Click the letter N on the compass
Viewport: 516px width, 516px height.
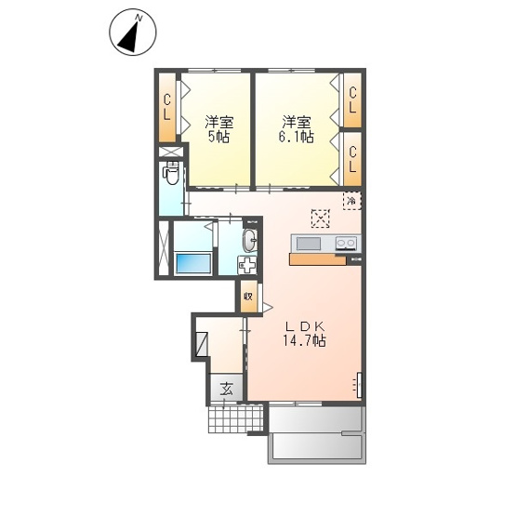tap(139, 18)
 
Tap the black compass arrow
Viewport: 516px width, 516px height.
tap(129, 38)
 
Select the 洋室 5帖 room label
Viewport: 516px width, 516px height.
tap(218, 129)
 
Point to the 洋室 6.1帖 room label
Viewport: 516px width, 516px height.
tap(297, 129)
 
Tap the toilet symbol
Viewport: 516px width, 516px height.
tap(170, 173)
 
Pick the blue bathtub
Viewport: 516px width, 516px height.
tap(193, 263)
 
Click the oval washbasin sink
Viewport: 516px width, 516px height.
tap(250, 240)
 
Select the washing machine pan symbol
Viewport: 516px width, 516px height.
tap(247, 265)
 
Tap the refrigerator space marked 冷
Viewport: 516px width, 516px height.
tap(352, 201)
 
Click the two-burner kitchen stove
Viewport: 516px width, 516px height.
tap(346, 244)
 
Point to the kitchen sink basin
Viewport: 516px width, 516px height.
tap(309, 244)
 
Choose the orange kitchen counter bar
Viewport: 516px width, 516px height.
tap(318, 259)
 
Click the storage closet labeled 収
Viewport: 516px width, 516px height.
tap(248, 297)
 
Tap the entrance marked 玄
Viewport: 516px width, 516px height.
tap(227, 389)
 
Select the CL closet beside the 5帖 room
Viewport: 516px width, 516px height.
tap(167, 108)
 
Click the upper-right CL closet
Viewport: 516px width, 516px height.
tap(352, 100)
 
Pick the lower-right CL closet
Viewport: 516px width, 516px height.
tap(352, 159)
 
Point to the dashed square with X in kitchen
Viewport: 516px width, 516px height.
tap(320, 218)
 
